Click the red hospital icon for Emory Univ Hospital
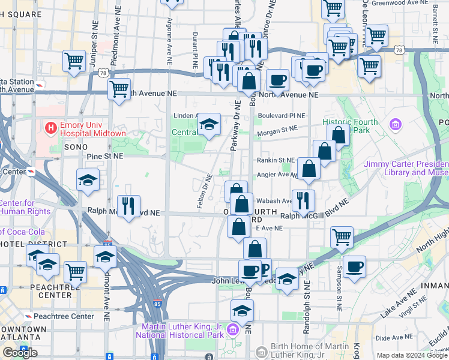click(50, 128)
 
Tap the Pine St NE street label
click(104, 155)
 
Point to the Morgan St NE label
click(277, 128)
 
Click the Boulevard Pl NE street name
click(282, 115)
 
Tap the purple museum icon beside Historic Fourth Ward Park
click(395, 125)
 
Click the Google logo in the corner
click(20, 353)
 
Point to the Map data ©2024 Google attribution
click(412, 356)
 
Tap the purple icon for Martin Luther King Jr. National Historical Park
click(232, 331)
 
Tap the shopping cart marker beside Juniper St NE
click(74, 61)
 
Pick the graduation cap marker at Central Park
click(209, 125)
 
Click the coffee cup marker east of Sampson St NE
click(355, 266)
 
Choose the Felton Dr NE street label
click(204, 191)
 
